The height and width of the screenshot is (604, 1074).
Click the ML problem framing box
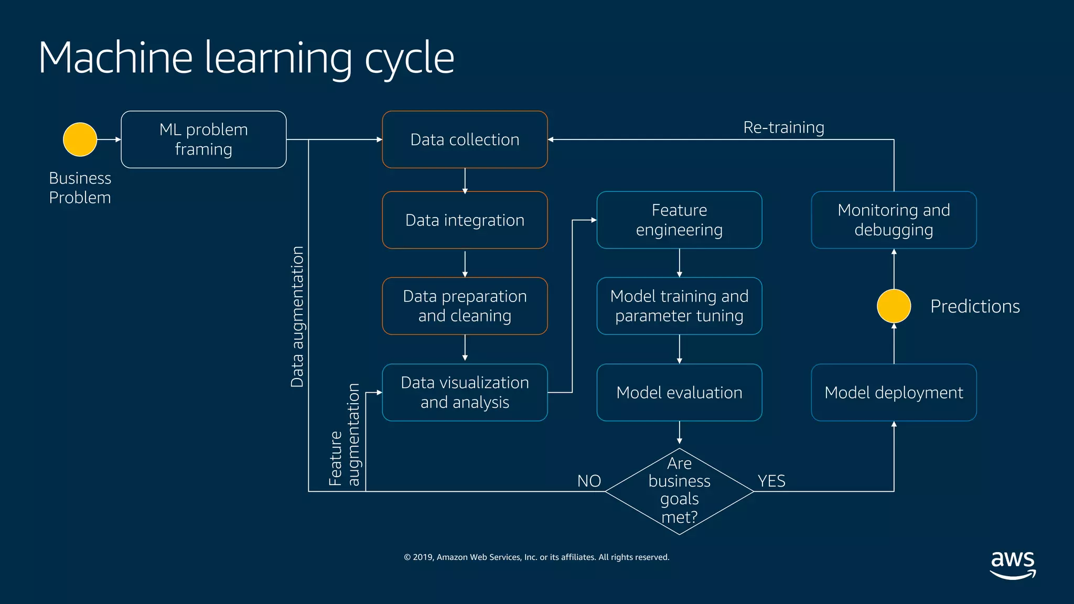point(203,139)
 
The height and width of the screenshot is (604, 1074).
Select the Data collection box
point(465,139)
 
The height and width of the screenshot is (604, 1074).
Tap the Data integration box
point(465,220)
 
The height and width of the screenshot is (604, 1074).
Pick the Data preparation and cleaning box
point(465,306)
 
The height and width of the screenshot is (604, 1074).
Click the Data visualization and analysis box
point(465,392)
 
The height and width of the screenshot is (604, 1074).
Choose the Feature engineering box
point(679,220)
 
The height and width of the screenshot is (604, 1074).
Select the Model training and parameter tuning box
point(679,306)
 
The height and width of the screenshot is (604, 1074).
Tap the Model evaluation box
point(679,392)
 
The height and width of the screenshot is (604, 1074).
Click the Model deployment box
point(894,392)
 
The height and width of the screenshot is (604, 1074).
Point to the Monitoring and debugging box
point(894,220)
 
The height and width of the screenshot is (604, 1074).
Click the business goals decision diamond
point(679,491)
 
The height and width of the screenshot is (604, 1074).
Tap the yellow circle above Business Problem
point(80,139)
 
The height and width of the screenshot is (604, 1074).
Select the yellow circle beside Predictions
point(894,306)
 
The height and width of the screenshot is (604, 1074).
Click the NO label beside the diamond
point(589,481)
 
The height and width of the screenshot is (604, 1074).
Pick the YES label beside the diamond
point(771,481)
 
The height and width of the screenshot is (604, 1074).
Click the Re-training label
point(783,127)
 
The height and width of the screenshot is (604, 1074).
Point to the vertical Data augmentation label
point(297,317)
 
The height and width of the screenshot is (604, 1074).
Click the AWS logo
point(1013,565)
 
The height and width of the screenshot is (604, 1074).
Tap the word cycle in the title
point(409,59)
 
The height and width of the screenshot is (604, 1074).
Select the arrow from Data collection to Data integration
point(465,181)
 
